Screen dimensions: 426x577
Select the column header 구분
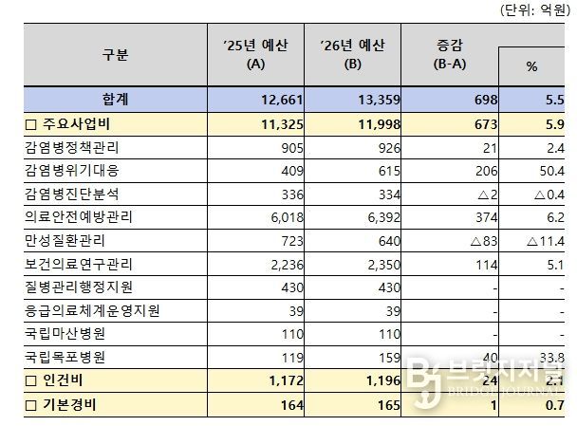[x=115, y=55]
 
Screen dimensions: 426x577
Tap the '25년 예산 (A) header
[x=255, y=55]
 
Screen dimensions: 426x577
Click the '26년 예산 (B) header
[x=352, y=55]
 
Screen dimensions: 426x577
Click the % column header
[x=531, y=68]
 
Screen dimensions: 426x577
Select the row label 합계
[x=115, y=99]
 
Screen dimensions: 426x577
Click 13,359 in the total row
[x=373, y=99]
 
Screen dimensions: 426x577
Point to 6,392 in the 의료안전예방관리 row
[x=373, y=217]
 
